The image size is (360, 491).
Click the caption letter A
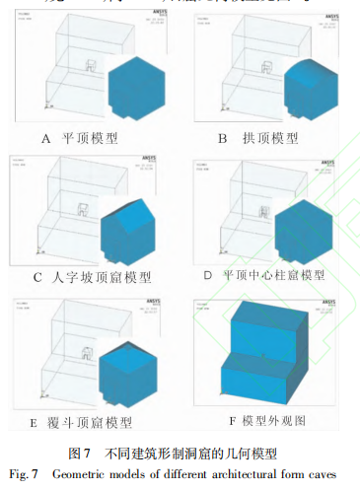pos(46,138)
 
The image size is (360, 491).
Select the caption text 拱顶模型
pos(273,138)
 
